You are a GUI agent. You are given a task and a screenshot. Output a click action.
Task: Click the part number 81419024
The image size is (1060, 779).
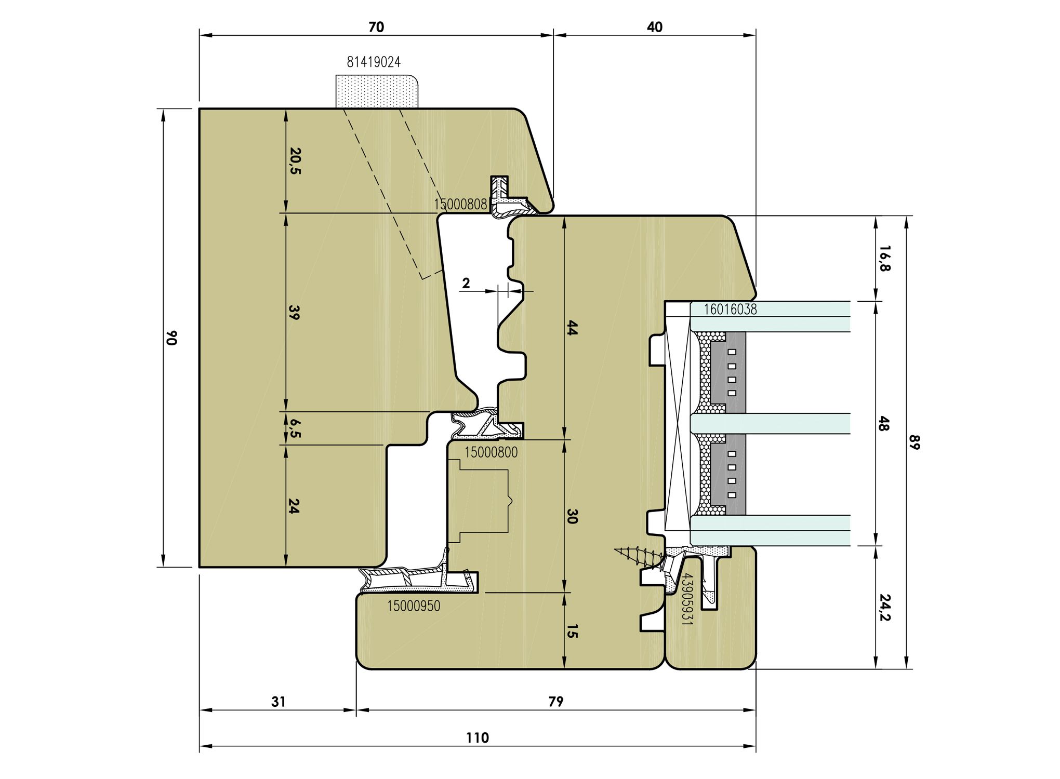374,62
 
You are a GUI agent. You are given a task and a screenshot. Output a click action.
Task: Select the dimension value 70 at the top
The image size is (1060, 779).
376,27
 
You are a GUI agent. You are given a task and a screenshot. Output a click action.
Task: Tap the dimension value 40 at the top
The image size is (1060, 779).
655,27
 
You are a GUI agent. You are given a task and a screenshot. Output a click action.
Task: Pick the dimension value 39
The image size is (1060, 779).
294,312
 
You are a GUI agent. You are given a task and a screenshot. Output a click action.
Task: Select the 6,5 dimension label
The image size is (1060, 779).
295,428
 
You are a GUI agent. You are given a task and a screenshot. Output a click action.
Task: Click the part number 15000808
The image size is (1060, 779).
460,204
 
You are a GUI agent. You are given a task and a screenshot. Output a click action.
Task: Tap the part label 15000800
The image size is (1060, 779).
491,452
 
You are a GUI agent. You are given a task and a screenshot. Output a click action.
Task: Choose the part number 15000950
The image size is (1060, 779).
414,606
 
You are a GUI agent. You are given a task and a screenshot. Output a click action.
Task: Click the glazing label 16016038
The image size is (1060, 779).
730,310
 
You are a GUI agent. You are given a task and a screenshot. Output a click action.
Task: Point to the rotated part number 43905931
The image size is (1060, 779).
686,599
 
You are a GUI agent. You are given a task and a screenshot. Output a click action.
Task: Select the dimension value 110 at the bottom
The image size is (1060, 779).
477,737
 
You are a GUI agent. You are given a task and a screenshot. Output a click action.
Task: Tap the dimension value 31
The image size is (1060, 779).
279,702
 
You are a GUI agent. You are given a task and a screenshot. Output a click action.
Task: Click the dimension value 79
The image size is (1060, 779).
556,702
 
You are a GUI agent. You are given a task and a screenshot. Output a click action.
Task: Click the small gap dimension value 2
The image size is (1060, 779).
466,283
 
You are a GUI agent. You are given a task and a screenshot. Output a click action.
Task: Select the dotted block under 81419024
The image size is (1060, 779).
377,91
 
